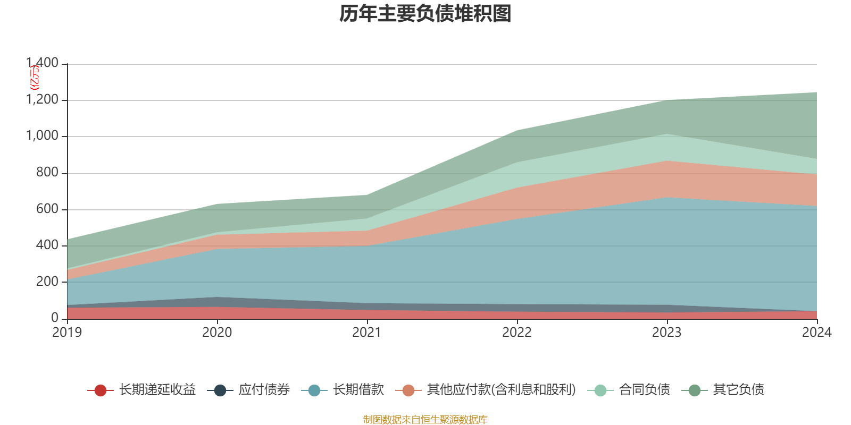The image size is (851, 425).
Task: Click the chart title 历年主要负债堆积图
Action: point(425,14)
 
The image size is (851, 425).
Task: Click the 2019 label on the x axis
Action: point(67,332)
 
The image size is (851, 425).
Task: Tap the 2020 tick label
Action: point(217,332)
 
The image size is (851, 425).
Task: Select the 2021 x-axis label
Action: point(367,332)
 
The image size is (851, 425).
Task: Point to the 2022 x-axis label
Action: point(517,332)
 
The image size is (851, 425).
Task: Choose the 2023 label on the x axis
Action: point(667,332)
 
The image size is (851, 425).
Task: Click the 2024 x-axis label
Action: point(816,332)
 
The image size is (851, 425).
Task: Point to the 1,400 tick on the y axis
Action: point(43,63)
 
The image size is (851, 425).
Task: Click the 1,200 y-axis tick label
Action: point(43,100)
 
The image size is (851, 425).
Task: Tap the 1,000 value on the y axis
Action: point(43,136)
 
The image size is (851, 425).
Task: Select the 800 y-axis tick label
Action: point(47,173)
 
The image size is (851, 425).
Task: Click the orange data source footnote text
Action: point(425,420)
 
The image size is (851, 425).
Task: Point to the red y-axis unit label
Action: point(34,78)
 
